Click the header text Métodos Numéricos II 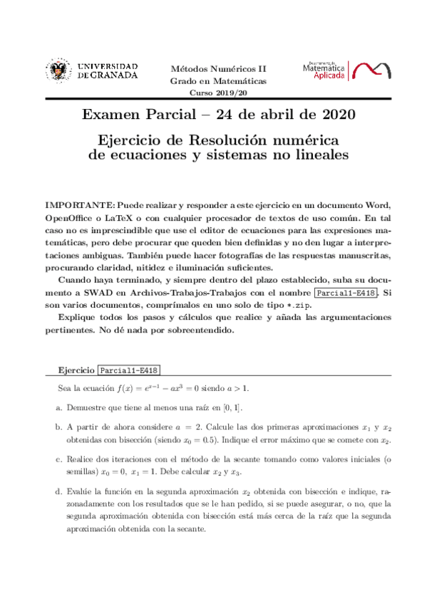(217, 68)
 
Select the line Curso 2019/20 (217, 93)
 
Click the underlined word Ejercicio (77, 370)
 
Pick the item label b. (58, 427)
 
